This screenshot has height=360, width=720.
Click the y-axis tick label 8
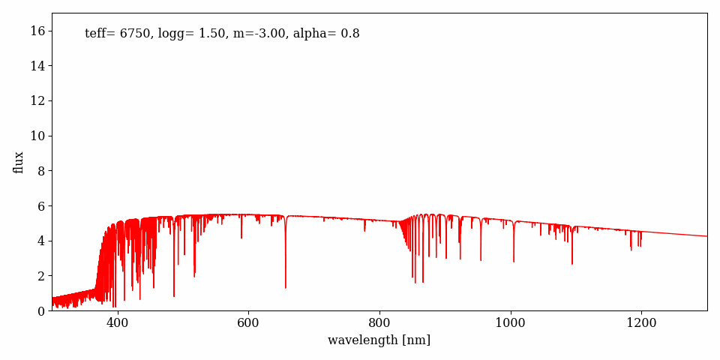41,171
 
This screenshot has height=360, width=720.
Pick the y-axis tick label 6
41,205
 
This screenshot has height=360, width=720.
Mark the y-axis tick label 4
41,241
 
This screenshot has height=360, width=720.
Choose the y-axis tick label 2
41,276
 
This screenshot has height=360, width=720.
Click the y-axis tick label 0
41,310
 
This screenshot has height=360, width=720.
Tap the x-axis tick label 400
117,323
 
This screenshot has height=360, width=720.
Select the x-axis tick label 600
248,323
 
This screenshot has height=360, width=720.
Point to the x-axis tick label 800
379,323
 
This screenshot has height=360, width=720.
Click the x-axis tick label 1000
510,323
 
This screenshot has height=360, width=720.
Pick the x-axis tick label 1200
641,323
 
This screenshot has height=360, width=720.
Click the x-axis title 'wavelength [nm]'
379,340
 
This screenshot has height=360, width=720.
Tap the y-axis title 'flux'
19,162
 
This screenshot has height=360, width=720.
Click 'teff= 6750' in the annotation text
118,34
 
